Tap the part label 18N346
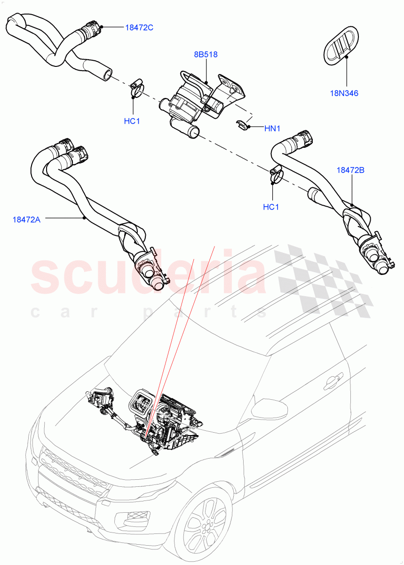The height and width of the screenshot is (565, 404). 344,93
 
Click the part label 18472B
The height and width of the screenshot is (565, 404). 350,170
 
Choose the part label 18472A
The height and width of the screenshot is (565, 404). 26,219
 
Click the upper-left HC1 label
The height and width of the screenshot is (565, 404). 132,121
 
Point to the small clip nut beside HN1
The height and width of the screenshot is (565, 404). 241,125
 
